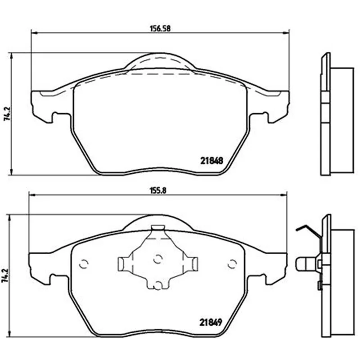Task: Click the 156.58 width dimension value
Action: [x=160, y=29]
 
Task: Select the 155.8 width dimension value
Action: [x=158, y=191]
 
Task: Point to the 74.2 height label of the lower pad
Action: [x=5, y=276]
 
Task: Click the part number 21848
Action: [x=211, y=161]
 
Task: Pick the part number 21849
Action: [x=211, y=322]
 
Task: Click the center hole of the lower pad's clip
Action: [x=158, y=259]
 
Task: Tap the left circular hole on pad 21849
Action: [x=84, y=264]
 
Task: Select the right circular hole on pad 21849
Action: [x=232, y=264]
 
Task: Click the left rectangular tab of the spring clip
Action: [x=122, y=264]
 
